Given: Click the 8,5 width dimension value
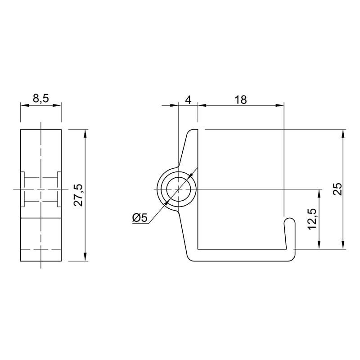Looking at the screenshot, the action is point(41,99).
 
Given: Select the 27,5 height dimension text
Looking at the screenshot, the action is point(79,195).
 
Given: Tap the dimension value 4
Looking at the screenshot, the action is point(188,100).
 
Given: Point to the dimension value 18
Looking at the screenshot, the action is point(241,100).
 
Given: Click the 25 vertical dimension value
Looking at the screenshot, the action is point(338,189).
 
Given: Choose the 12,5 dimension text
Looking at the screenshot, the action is point(312,219).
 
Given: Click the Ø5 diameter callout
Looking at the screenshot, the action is point(140,218).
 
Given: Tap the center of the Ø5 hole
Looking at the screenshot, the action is point(179,189).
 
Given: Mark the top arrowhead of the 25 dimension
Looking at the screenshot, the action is point(343,134).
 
